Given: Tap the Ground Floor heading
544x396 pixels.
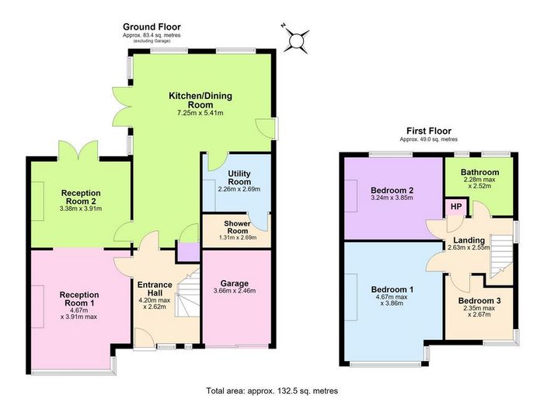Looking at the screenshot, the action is pos(152,26).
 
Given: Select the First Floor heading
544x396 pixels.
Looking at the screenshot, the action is pos(429,131).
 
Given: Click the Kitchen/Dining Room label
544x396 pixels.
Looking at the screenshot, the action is pos(201,100).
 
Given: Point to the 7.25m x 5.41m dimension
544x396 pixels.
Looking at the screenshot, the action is pos(201,113).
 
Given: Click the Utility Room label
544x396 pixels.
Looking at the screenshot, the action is pos(239,177).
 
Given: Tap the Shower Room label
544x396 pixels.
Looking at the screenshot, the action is pos(238,227).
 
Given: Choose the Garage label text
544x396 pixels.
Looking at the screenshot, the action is pos(235,283).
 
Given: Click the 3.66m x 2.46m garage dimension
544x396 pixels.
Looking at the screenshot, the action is pos(235,291).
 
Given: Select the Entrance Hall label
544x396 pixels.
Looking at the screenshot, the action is pos(155,289).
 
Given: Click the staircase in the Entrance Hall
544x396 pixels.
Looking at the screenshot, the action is pos(187,293).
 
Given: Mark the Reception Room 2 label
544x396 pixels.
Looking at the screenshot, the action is pos(81,197).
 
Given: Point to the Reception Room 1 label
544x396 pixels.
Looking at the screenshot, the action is pos(79,299).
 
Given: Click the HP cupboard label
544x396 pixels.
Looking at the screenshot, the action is pos(456,207).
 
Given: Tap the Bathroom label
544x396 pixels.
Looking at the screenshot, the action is pos(479,172).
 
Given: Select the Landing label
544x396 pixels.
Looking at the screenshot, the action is pos(469,240).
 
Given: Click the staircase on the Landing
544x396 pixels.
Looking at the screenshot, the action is pos(501,256).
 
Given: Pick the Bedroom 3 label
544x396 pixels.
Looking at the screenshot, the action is pos(479,301).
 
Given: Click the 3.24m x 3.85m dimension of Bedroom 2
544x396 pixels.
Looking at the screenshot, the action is pos(392,198).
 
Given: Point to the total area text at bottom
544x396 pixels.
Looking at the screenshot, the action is pos(272,391).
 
